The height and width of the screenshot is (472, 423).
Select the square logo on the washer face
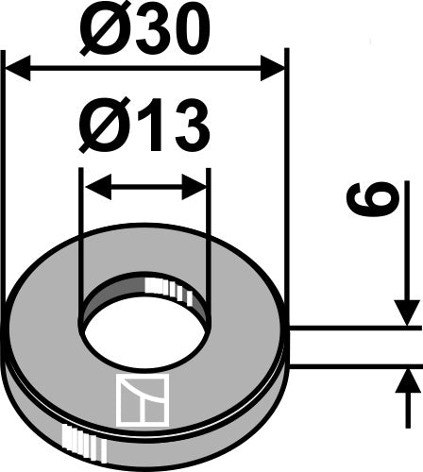pyautogui.click(x=140, y=397)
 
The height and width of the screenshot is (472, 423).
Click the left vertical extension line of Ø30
pyautogui.click(x=6, y=189)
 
